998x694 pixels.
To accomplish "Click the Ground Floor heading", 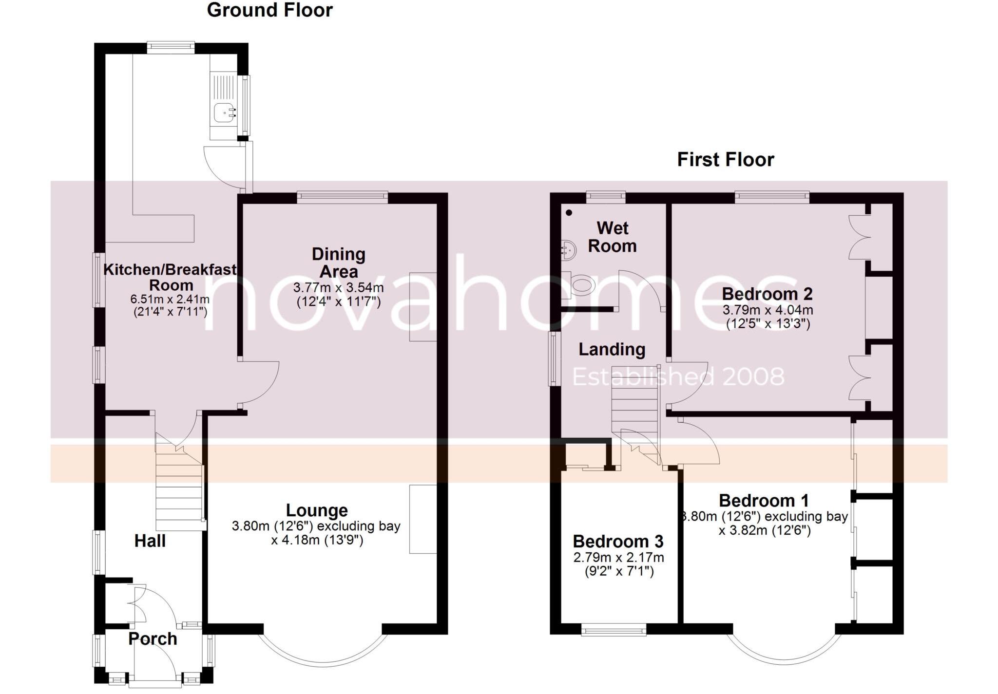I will pyautogui.click(x=269, y=10).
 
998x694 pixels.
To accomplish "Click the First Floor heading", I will pyautogui.click(x=725, y=160).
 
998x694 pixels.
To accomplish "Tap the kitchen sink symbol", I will pyautogui.click(x=225, y=113).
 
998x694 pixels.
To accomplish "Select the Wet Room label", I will pyautogui.click(x=612, y=237).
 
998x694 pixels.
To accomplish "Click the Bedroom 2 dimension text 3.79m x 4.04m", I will pyautogui.click(x=768, y=310).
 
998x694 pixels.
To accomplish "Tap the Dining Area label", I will pyautogui.click(x=338, y=263).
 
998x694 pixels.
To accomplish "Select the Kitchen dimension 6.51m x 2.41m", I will pyautogui.click(x=170, y=299).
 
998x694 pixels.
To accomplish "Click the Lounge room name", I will pyautogui.click(x=317, y=510).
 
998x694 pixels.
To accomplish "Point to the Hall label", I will pyautogui.click(x=150, y=541).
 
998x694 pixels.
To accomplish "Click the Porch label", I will pyautogui.click(x=153, y=638).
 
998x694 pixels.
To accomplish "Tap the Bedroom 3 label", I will pyautogui.click(x=618, y=541).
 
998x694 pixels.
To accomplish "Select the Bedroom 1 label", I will pyautogui.click(x=764, y=500).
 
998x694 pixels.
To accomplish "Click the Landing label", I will pyautogui.click(x=612, y=349).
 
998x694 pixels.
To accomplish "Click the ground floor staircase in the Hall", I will pyautogui.click(x=179, y=492).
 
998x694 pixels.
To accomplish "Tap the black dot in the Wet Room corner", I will pyautogui.click(x=569, y=213).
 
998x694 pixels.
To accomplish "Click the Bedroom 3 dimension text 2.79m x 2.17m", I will pyautogui.click(x=619, y=557).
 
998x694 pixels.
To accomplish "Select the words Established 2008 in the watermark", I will pyautogui.click(x=678, y=376).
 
